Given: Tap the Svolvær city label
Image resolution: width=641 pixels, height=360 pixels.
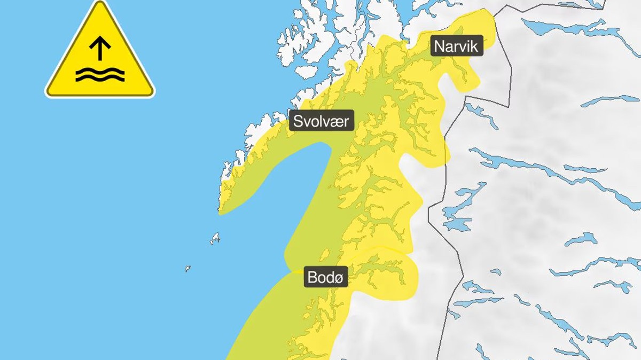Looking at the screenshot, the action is (321, 121).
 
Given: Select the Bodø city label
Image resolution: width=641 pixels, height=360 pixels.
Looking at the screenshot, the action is (326, 277).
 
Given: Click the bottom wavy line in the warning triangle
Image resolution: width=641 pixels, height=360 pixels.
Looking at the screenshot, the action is (99, 79).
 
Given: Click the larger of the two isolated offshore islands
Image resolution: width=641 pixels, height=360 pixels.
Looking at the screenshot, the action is (215, 238).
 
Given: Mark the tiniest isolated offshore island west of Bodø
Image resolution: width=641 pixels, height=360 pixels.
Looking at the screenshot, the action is (188, 268).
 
